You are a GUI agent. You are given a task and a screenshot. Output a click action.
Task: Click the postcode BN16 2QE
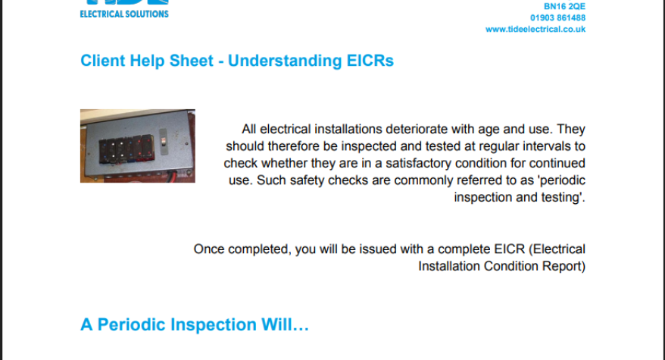pos(565,5)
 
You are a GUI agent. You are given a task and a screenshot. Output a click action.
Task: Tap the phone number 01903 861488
pos(557,17)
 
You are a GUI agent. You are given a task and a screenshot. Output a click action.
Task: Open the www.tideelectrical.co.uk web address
pos(535,30)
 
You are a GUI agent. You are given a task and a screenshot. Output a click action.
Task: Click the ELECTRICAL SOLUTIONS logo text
pos(124,14)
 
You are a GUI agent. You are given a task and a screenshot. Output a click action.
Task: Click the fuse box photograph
pos(137,146)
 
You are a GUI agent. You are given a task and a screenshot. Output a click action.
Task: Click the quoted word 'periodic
pos(560,180)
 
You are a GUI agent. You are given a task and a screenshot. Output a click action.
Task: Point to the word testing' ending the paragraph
pos(564,196)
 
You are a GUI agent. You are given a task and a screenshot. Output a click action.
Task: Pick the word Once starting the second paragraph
pos(209,249)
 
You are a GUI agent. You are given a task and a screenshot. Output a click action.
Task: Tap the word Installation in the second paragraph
pos(449,265)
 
